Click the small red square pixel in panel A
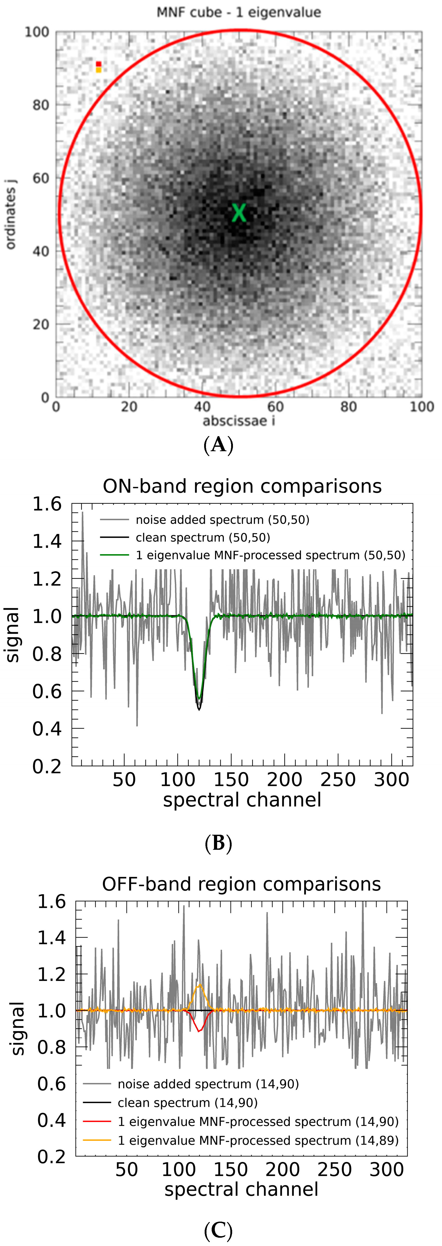99,64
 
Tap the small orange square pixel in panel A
99,70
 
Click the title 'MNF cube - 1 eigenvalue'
238,12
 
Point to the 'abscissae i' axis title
238,421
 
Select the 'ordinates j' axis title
11,214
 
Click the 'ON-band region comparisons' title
242,486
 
